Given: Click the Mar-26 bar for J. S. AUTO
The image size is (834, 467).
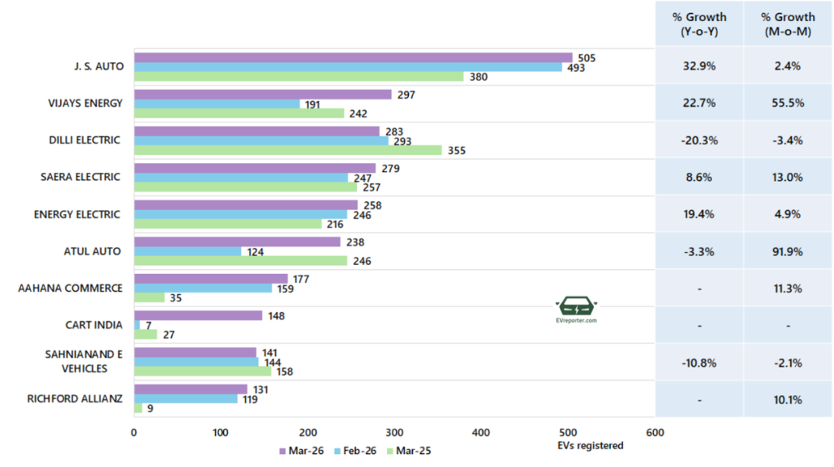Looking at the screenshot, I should tap(353, 57).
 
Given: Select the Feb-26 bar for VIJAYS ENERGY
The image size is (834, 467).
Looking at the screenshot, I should tap(217, 104).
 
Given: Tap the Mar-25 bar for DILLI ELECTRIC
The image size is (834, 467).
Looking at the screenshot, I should tap(288, 150).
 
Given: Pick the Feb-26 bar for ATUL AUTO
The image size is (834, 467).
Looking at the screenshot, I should tap(187, 251).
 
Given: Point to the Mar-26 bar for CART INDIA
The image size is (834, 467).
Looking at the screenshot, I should tap(198, 315).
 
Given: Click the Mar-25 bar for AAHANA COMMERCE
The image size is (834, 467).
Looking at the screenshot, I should tap(149, 297).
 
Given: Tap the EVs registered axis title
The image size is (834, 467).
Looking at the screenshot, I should tap(590, 445).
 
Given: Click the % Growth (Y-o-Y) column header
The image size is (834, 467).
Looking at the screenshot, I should tap(699, 24).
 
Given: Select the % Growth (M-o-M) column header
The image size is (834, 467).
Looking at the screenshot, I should tap(788, 24).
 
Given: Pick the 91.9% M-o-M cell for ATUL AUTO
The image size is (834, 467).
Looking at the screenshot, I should tap(788, 251).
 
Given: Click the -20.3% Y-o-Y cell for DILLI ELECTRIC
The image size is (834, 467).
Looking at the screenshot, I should tap(699, 140).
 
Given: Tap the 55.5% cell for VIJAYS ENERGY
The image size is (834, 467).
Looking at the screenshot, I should tap(788, 104).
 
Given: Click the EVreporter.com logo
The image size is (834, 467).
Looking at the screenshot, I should tap(577, 311).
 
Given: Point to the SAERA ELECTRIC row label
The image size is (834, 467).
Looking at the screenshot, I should tap(81, 177).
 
